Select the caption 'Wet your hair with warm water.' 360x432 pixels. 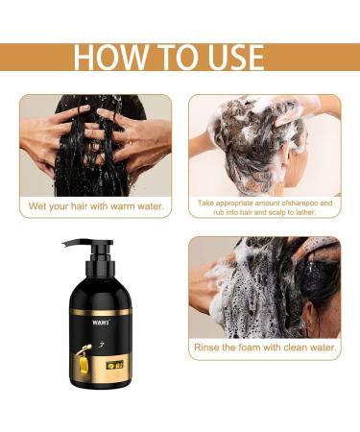(95, 206)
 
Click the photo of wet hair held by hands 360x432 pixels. (95, 145)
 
